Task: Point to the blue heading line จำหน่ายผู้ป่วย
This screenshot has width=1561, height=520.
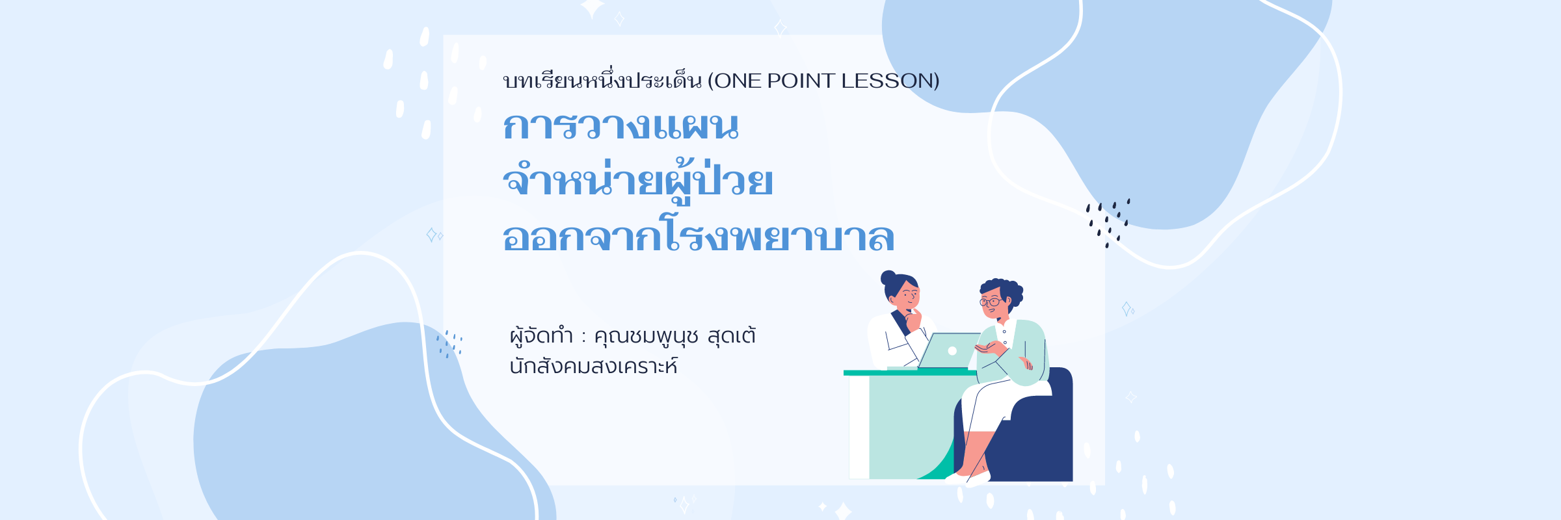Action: (x=638, y=179)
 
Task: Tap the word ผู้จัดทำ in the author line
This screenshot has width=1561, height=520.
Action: (x=541, y=335)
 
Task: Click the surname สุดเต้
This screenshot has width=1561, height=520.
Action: (x=732, y=335)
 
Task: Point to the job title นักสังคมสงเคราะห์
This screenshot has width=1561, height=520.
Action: (x=593, y=365)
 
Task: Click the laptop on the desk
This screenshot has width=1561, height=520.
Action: (x=948, y=351)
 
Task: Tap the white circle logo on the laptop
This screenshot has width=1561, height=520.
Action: (x=952, y=351)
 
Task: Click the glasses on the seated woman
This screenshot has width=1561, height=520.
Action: (x=990, y=302)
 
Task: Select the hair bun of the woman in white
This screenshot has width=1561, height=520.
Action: (x=888, y=278)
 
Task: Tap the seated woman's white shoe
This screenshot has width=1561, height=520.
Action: (x=978, y=478)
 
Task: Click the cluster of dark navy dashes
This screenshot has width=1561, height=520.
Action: (x=1108, y=223)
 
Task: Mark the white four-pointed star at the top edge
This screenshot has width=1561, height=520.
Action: (x=592, y=8)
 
